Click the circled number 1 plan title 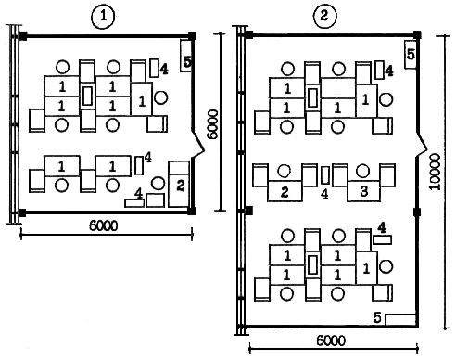pos(103,17)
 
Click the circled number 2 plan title pos(324,16)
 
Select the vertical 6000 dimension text pos(213,125)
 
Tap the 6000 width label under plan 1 pos(104,225)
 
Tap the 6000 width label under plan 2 pos(331,341)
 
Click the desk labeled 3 pos(364,191)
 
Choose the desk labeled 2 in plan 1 pos(179,184)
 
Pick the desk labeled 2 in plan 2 pos(285,191)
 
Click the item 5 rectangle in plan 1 pos(186,57)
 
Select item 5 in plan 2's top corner pos(411,55)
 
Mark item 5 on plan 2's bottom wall pos(400,320)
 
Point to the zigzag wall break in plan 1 pos(197,145)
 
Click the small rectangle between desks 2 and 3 pos(325,175)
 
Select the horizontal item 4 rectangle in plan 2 pos(383,239)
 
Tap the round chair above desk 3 pos(362,171)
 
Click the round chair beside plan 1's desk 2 pos(158,183)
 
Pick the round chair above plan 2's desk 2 pos(284,171)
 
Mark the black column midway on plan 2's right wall pos(417,212)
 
